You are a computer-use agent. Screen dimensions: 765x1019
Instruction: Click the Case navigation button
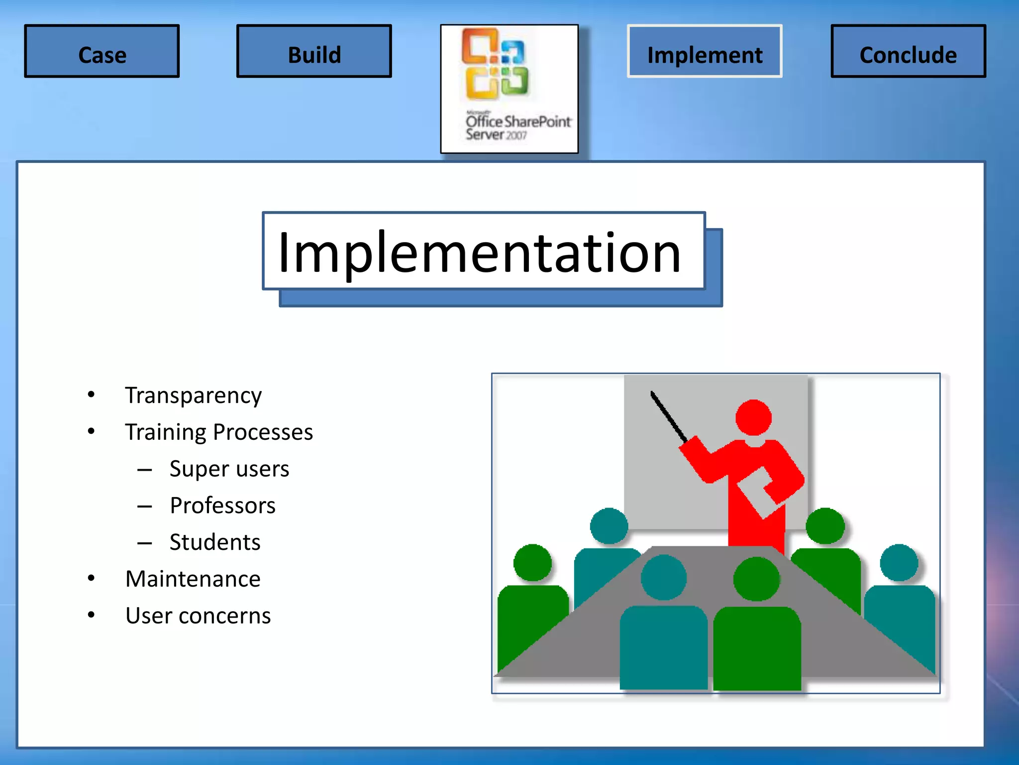coord(102,51)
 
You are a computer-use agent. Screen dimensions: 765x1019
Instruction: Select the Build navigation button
coord(314,51)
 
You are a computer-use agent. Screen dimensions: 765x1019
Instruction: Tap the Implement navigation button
coord(705,51)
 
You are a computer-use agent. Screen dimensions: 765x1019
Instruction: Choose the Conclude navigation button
coord(908,51)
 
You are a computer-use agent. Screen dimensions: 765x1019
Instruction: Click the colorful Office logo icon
coord(495,64)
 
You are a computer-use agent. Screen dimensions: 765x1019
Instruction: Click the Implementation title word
coord(480,253)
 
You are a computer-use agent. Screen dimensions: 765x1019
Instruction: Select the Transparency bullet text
coord(193,395)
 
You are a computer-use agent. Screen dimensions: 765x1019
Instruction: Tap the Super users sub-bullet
coord(229,469)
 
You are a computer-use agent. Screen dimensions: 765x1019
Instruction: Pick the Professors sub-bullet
coord(222,506)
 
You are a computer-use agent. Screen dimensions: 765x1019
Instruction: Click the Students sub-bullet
coord(214,542)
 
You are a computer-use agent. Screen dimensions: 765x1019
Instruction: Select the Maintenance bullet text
coord(193,579)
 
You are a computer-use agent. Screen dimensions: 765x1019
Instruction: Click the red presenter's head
coord(753,417)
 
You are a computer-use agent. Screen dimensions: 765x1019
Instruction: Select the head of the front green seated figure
coord(756,579)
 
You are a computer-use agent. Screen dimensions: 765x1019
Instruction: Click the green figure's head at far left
coord(532,563)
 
